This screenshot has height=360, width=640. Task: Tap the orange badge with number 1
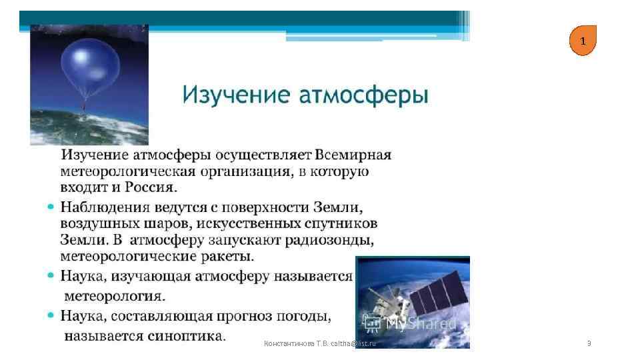click(x=583, y=41)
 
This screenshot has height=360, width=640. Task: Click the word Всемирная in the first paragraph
click(x=353, y=155)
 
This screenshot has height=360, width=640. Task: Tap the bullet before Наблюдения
click(x=51, y=207)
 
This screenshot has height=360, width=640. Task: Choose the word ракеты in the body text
click(x=227, y=255)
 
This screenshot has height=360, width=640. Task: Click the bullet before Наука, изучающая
click(x=51, y=275)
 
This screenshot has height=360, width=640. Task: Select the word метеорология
click(x=115, y=294)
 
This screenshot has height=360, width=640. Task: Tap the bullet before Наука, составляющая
click(x=51, y=315)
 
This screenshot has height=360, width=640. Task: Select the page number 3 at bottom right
click(x=589, y=343)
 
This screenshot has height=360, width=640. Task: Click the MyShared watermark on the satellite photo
click(x=413, y=324)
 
